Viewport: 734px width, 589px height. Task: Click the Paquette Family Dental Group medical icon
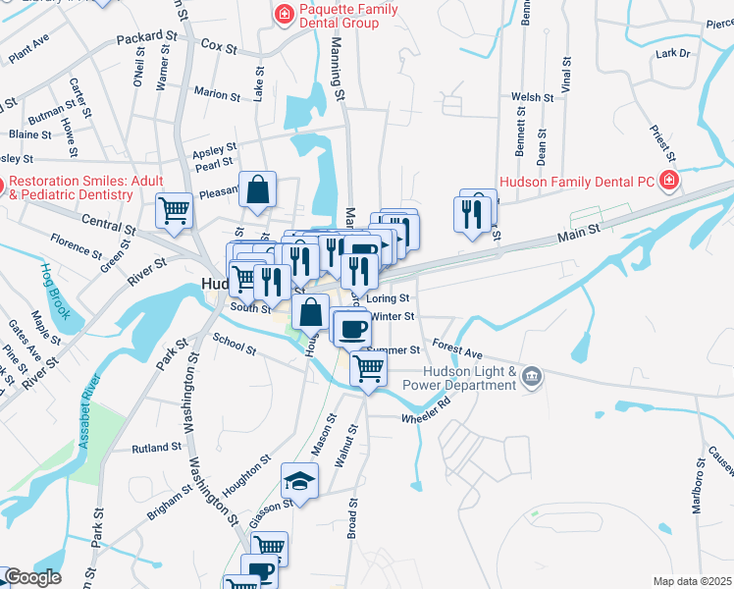[x=284, y=14]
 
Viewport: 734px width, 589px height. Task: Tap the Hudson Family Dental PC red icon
[x=668, y=181]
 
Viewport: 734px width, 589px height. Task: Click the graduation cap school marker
[x=300, y=481]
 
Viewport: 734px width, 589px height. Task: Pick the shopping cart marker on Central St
[x=175, y=210]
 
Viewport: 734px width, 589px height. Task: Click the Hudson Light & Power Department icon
[x=531, y=376]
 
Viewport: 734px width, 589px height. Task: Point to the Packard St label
[x=144, y=37]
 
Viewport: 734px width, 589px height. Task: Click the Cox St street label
[x=219, y=46]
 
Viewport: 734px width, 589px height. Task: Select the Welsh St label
[x=533, y=97]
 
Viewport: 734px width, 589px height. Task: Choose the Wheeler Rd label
[x=425, y=409]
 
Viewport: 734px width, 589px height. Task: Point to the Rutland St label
[x=157, y=448]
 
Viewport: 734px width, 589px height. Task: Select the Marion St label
[x=217, y=95]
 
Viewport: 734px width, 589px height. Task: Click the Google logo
[x=32, y=577]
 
